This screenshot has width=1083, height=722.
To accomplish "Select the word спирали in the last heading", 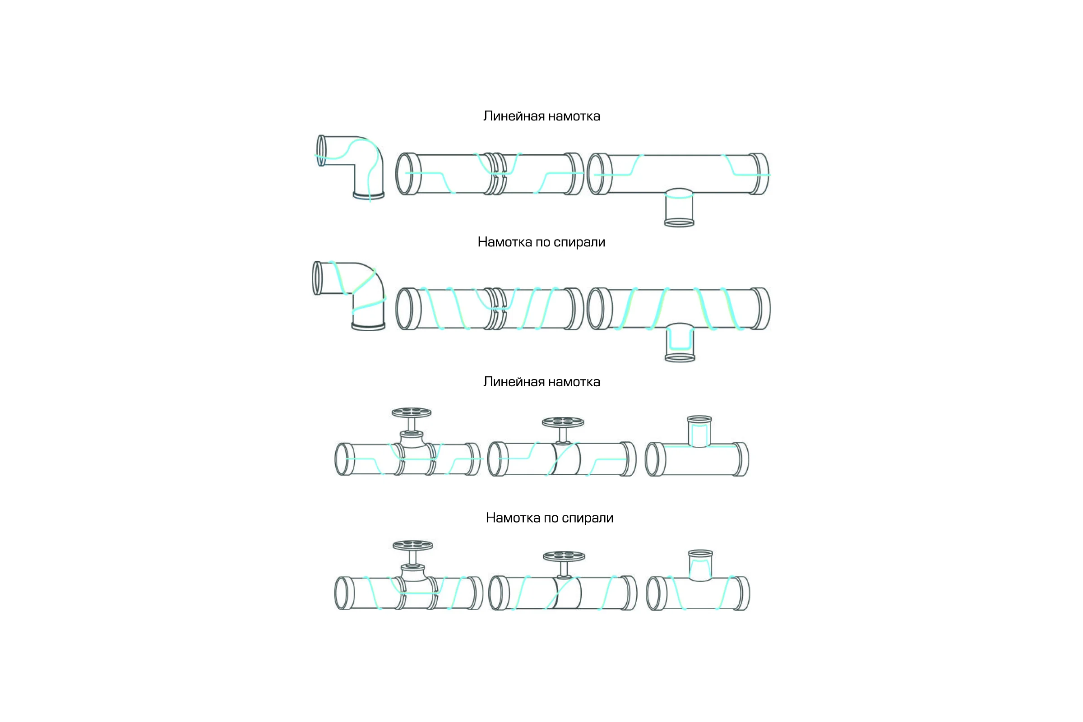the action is [x=587, y=518].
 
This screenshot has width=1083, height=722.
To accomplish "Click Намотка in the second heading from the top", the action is [x=504, y=242].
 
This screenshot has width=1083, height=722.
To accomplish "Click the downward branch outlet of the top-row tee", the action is [x=679, y=208].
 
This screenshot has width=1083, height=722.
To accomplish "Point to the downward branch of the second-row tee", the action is [x=680, y=342].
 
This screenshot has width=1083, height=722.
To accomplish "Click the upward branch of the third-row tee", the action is [x=699, y=431].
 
